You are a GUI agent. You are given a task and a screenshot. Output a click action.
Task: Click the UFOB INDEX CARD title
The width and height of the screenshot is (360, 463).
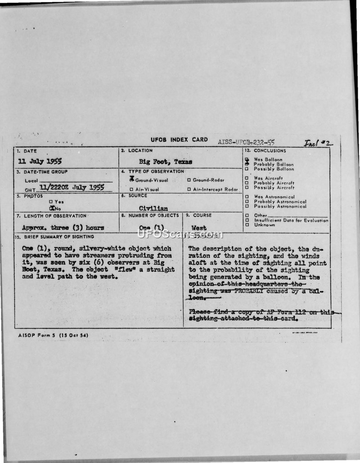pos(179,140)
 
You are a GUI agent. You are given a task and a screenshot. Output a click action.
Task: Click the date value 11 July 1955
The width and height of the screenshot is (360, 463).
pos(40,161)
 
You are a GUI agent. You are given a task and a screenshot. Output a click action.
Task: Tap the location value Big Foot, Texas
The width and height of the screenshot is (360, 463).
pos(166,161)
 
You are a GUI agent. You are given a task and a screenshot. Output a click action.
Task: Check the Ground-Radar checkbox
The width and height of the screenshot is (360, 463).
pos(189,180)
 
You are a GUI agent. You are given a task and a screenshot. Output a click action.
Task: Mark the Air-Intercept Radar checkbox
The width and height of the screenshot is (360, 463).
pos(189,190)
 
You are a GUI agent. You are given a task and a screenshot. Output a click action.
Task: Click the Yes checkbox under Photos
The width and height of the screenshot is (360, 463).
pos(51,202)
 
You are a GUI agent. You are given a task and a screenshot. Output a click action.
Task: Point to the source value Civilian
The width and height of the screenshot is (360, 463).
pos(153,209)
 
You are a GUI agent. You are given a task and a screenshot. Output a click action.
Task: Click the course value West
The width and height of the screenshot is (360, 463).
pos(199,228)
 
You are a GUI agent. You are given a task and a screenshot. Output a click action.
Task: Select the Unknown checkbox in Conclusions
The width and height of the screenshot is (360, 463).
pos(247,225)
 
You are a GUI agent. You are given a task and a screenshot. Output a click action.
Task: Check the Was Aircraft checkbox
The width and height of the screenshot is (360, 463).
pos(247,178)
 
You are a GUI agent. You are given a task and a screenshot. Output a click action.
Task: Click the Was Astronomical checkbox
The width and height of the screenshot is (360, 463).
pos(247,197)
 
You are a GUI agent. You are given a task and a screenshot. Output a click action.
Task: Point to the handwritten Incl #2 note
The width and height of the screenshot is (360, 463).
pos(318,143)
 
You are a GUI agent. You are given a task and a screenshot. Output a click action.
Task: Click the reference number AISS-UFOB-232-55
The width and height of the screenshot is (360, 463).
pos(246,142)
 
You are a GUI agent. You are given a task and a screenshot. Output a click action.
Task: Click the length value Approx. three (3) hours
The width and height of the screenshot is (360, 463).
pos(63,228)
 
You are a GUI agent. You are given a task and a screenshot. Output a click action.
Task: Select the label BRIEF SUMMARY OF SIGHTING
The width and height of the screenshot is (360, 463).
pos(58,236)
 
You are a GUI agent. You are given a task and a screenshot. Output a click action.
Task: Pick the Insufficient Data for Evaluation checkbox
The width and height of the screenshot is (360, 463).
pos(247,220)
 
